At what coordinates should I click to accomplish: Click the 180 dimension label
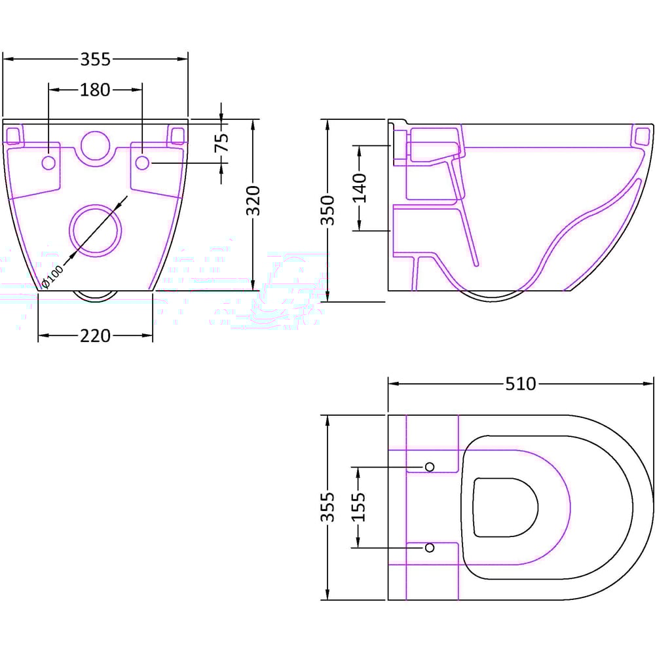[96, 90]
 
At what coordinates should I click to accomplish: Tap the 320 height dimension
[254, 200]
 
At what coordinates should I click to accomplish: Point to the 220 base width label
[96, 336]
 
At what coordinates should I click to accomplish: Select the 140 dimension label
[360, 187]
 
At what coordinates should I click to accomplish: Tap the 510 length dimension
[520, 384]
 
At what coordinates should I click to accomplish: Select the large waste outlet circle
[96, 229]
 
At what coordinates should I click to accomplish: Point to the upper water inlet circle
[96, 145]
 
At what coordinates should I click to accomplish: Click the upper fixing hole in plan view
[430, 466]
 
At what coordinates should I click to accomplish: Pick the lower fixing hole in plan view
[430, 547]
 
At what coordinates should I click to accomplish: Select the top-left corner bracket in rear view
[13, 135]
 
